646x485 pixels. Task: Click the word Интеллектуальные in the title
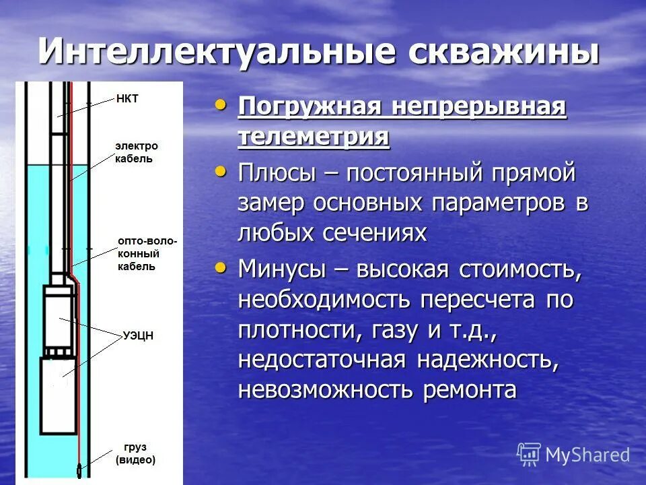tap(205, 52)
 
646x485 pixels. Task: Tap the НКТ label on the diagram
tap(127, 98)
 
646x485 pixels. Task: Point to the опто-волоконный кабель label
tap(147, 253)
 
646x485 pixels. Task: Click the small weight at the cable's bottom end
tap(79, 470)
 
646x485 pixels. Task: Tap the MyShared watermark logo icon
tap(529, 455)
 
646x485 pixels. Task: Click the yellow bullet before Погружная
tap(220, 104)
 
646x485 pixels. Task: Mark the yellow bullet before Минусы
tap(220, 267)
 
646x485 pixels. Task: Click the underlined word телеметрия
tap(313, 137)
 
